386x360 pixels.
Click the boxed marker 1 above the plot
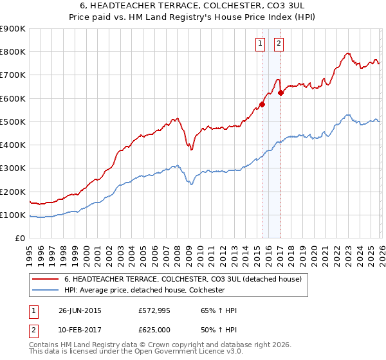260,44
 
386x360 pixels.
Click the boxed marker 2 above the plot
279,44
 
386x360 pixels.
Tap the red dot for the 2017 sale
280,93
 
